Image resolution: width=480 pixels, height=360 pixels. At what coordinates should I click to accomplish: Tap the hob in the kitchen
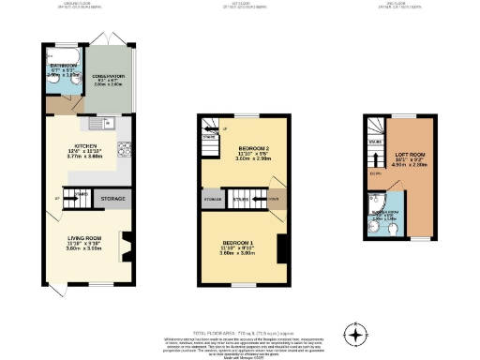pos(125,148)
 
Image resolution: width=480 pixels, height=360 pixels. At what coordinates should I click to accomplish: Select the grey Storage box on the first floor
pos(210,199)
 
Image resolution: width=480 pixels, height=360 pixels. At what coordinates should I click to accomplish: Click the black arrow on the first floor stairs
pos(255,199)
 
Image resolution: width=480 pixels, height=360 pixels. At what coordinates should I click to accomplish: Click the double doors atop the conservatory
pos(111,39)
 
